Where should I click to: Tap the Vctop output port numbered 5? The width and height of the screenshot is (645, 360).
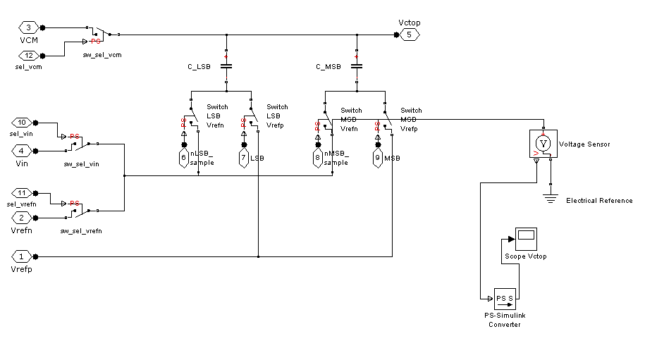[x=409, y=35]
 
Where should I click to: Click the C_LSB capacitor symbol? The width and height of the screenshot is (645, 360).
[x=226, y=67]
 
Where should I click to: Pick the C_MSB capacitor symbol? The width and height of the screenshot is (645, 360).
[x=357, y=67]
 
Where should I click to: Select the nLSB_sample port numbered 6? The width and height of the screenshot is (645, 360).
[x=184, y=159]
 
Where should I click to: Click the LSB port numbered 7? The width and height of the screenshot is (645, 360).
[x=244, y=159]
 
